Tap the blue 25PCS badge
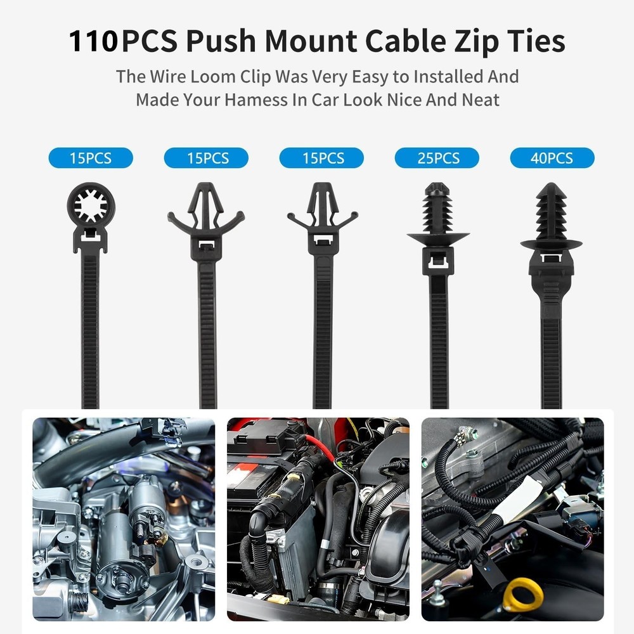coord(437,158)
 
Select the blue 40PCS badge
coord(552,158)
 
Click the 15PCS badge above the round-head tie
coord(91,158)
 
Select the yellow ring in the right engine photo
coord(522,595)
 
